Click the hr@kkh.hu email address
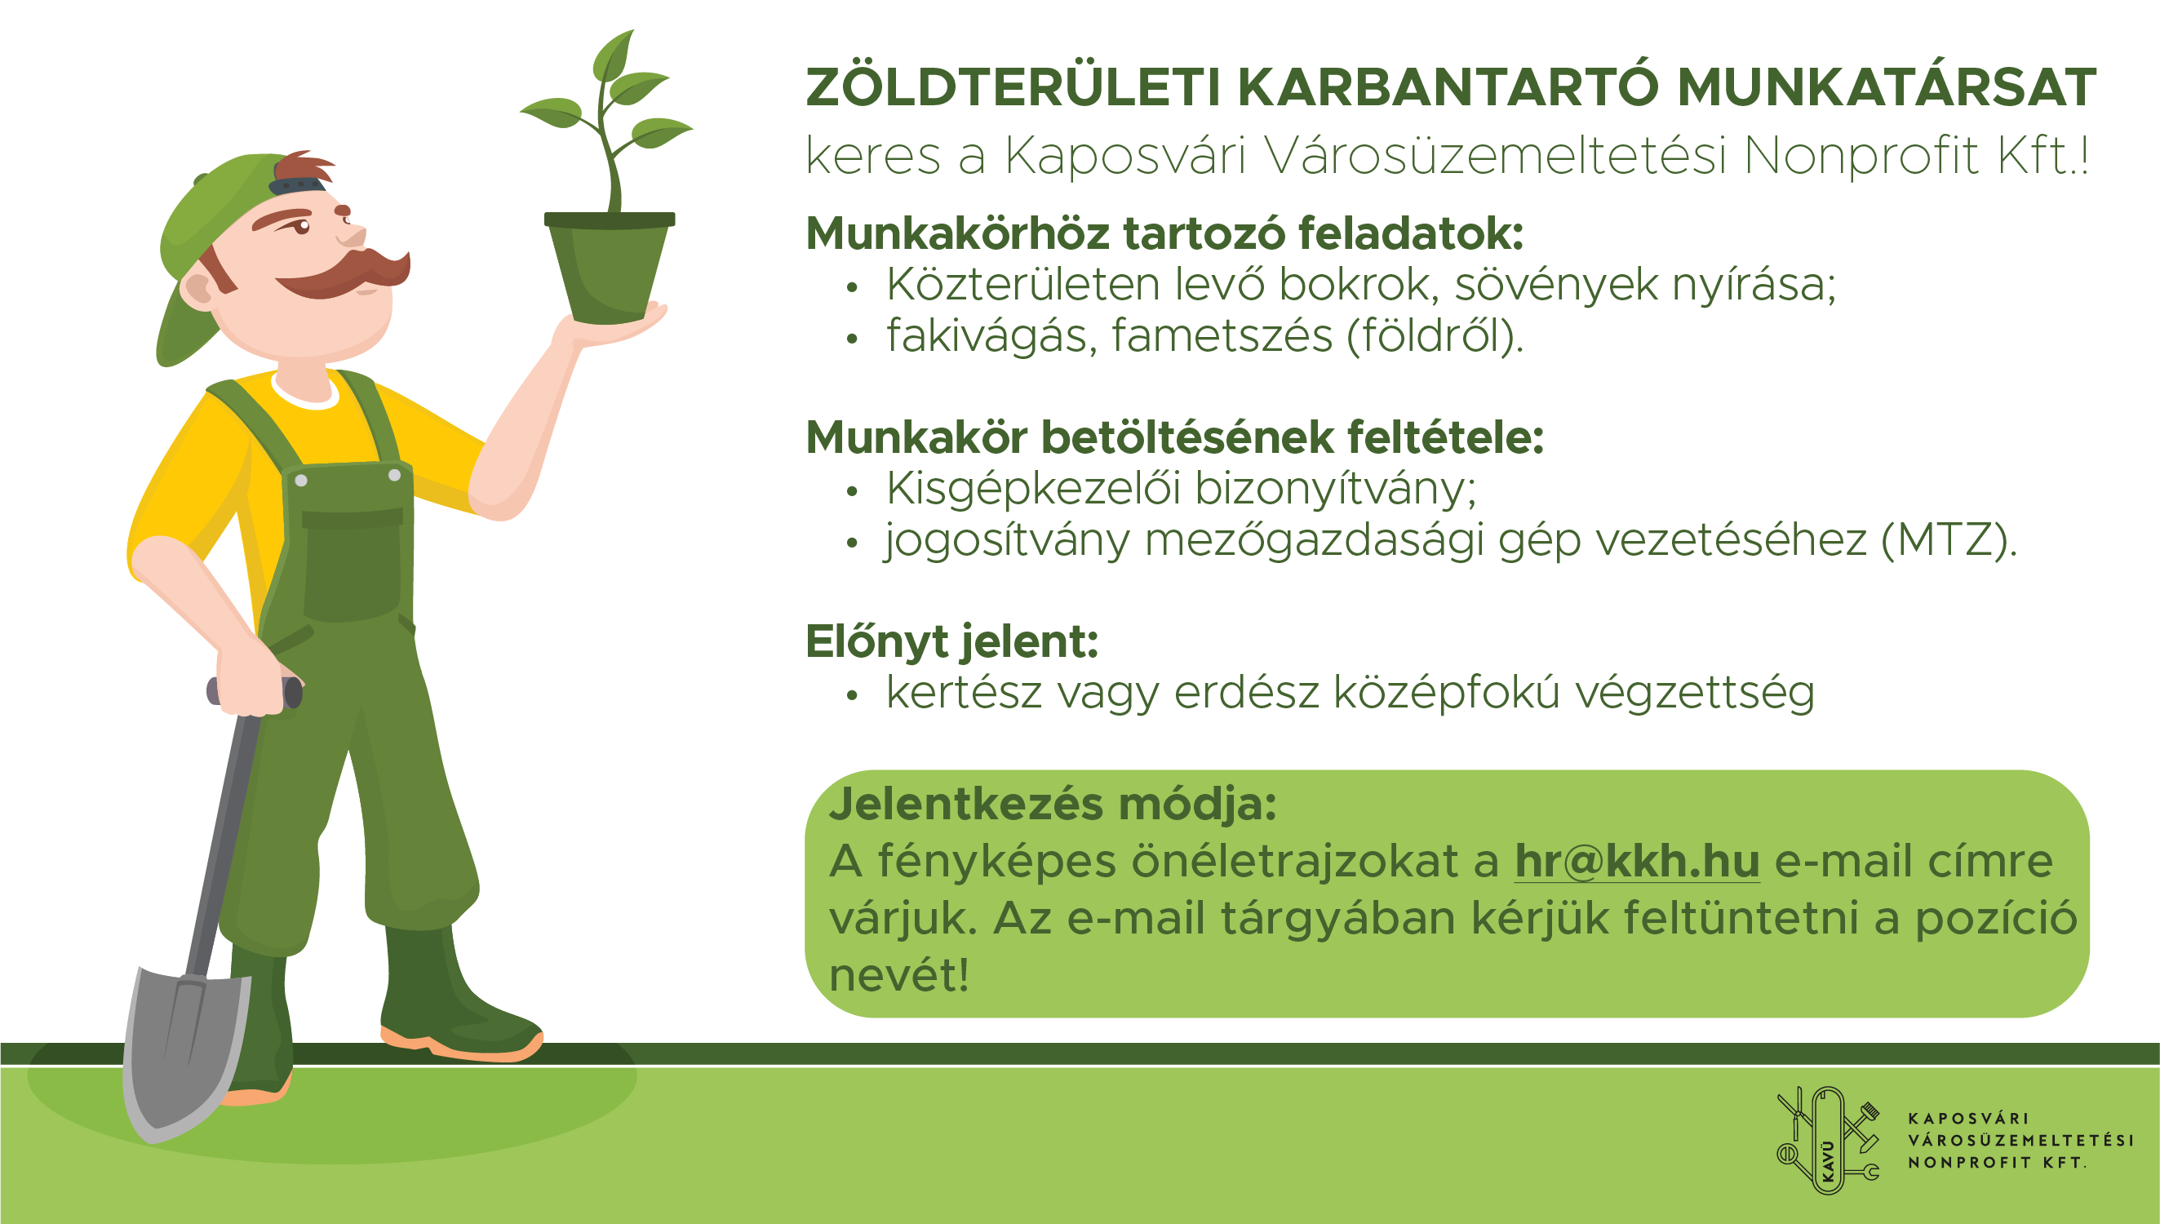point(1636,861)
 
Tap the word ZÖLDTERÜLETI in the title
point(1013,87)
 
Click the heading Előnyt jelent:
point(952,641)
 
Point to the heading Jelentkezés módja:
point(1053,804)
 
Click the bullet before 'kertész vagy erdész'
point(852,695)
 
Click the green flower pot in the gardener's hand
point(610,268)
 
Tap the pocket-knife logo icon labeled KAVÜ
point(1828,1141)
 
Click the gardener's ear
point(200,288)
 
